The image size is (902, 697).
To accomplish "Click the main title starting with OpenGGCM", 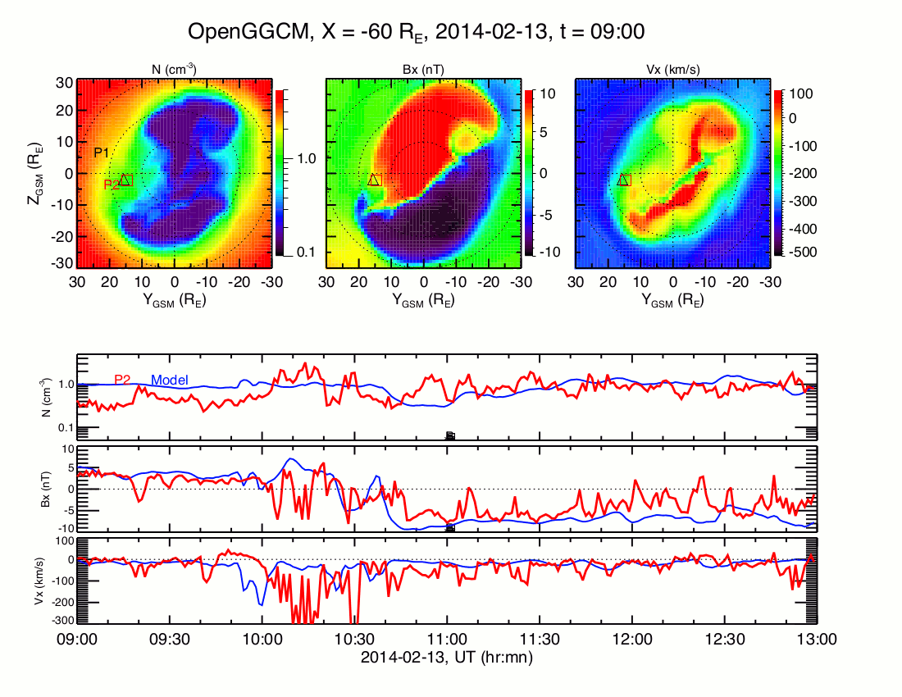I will [416, 32].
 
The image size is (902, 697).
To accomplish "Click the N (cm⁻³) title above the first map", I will [175, 70].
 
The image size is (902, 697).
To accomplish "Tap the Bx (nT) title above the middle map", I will [424, 70].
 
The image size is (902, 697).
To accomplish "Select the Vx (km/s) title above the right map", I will [672, 70].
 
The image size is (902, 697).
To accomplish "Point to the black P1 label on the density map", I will [102, 153].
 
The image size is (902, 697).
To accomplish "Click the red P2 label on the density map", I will [112, 185].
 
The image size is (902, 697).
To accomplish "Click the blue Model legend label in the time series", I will [171, 380].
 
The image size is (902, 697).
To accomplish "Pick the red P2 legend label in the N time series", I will [123, 380].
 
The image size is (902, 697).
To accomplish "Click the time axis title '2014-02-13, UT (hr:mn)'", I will [447, 656].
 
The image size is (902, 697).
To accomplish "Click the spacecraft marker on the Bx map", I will [375, 180].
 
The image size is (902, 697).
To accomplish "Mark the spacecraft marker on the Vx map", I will [623, 180].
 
